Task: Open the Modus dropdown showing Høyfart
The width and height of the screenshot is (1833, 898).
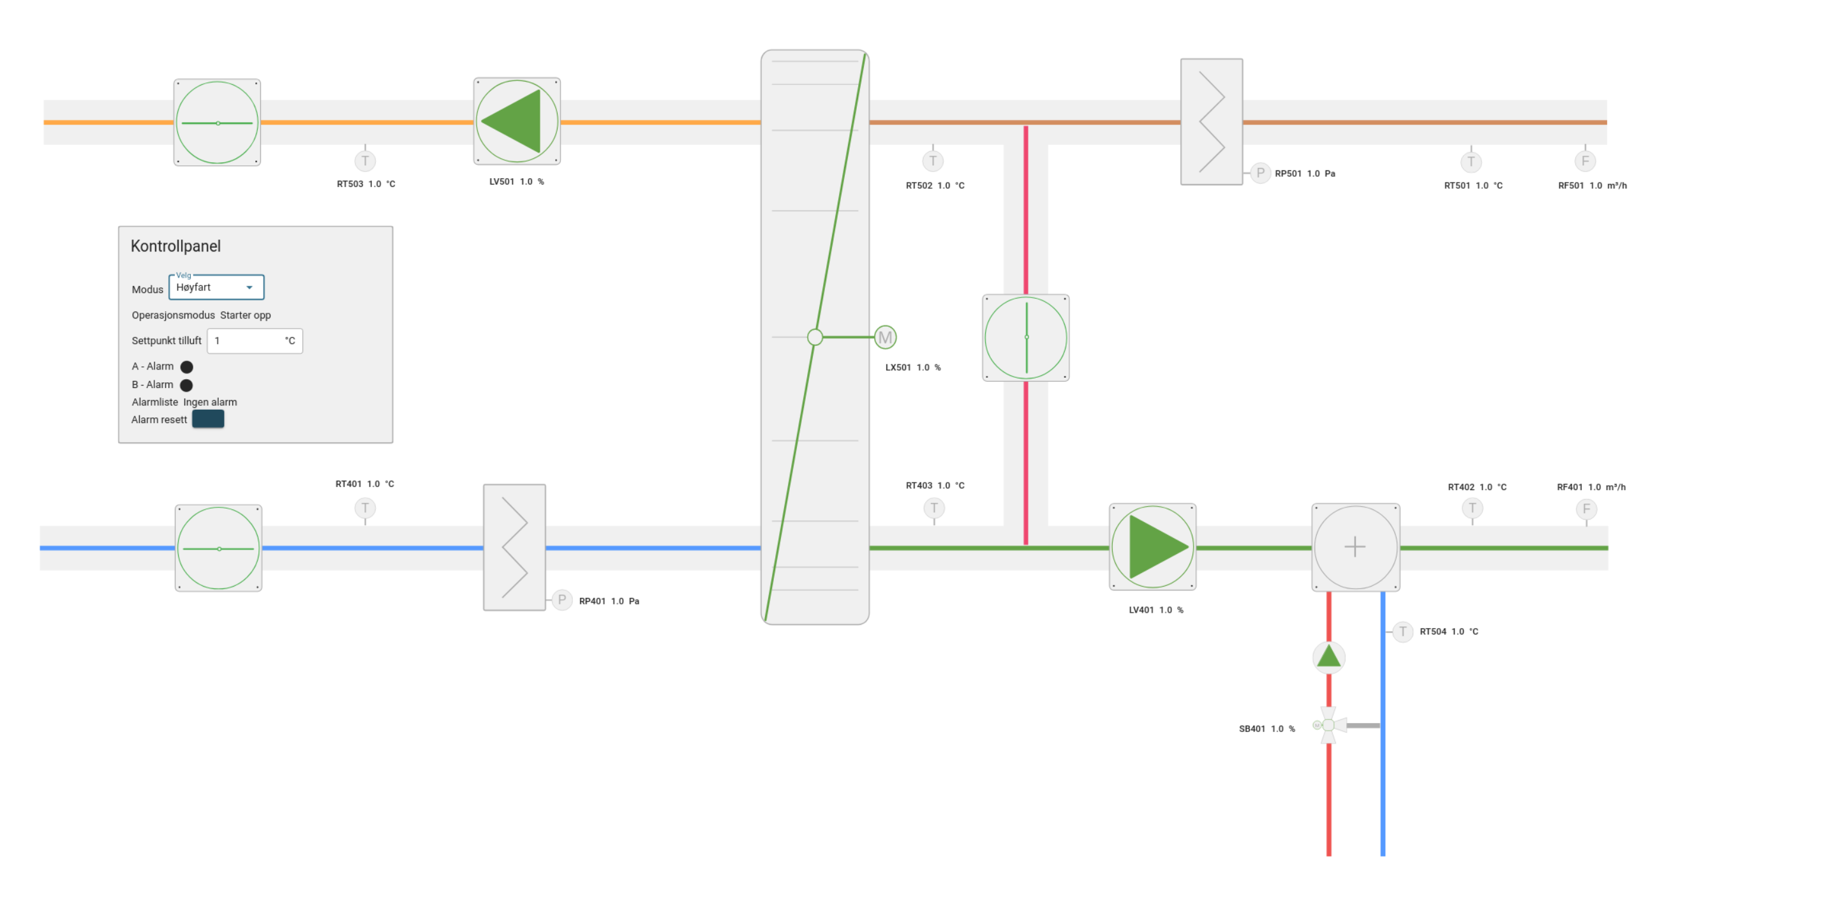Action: point(216,287)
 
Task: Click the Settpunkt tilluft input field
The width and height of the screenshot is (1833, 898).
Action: point(255,341)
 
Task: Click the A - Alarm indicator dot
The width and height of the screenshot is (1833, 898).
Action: point(186,367)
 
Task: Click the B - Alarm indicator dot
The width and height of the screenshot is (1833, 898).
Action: point(186,385)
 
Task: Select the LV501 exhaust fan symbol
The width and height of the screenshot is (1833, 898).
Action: point(517,122)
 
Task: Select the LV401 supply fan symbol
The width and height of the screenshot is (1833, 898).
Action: point(1153,547)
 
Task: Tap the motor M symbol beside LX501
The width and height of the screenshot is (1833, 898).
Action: point(885,337)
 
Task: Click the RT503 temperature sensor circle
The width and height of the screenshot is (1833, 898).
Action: point(365,161)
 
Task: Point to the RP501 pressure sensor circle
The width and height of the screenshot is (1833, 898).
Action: point(1260,173)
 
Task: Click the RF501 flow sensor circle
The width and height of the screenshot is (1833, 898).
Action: point(1585,161)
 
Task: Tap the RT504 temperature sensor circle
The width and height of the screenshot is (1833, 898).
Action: point(1402,632)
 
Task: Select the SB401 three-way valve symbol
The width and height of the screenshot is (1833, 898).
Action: point(1328,726)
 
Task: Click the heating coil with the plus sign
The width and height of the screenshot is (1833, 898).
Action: point(1356,547)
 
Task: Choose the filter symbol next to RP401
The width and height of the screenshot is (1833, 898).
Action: point(514,547)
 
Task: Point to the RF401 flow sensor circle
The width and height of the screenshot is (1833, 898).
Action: point(1586,509)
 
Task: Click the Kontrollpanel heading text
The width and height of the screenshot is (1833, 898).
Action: point(175,246)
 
